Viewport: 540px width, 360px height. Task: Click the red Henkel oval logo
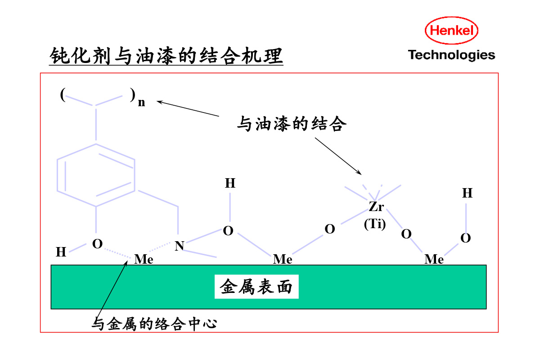point(451,31)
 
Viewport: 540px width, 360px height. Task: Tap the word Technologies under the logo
point(451,55)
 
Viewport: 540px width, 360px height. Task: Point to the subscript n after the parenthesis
point(141,103)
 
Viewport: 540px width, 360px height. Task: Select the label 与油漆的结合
point(292,124)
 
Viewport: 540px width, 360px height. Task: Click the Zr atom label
point(376,207)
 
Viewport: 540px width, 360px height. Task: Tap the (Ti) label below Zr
point(375,224)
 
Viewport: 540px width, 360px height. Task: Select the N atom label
point(180,246)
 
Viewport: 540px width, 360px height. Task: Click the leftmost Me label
point(144,260)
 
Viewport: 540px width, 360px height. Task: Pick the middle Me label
point(283,260)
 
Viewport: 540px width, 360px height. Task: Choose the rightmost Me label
point(434,260)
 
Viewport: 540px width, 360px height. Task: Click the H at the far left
point(61,252)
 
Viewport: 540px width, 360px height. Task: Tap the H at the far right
point(467,193)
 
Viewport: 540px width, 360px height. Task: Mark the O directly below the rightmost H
point(465,238)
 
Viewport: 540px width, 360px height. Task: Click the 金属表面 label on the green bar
point(256,287)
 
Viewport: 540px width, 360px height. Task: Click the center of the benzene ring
point(96,176)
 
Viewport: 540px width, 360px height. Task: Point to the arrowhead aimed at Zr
point(360,173)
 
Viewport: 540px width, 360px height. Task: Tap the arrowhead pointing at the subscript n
point(158,102)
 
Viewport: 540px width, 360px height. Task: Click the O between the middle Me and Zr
point(330,229)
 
